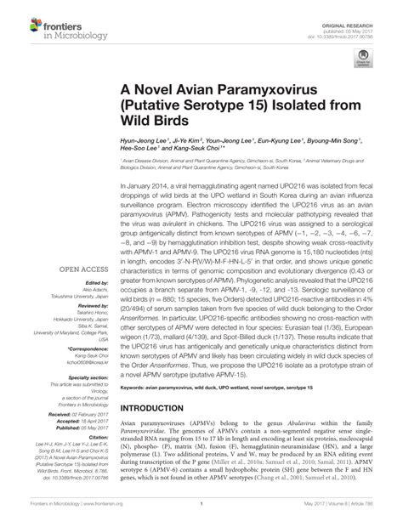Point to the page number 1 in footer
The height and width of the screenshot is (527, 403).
201,515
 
